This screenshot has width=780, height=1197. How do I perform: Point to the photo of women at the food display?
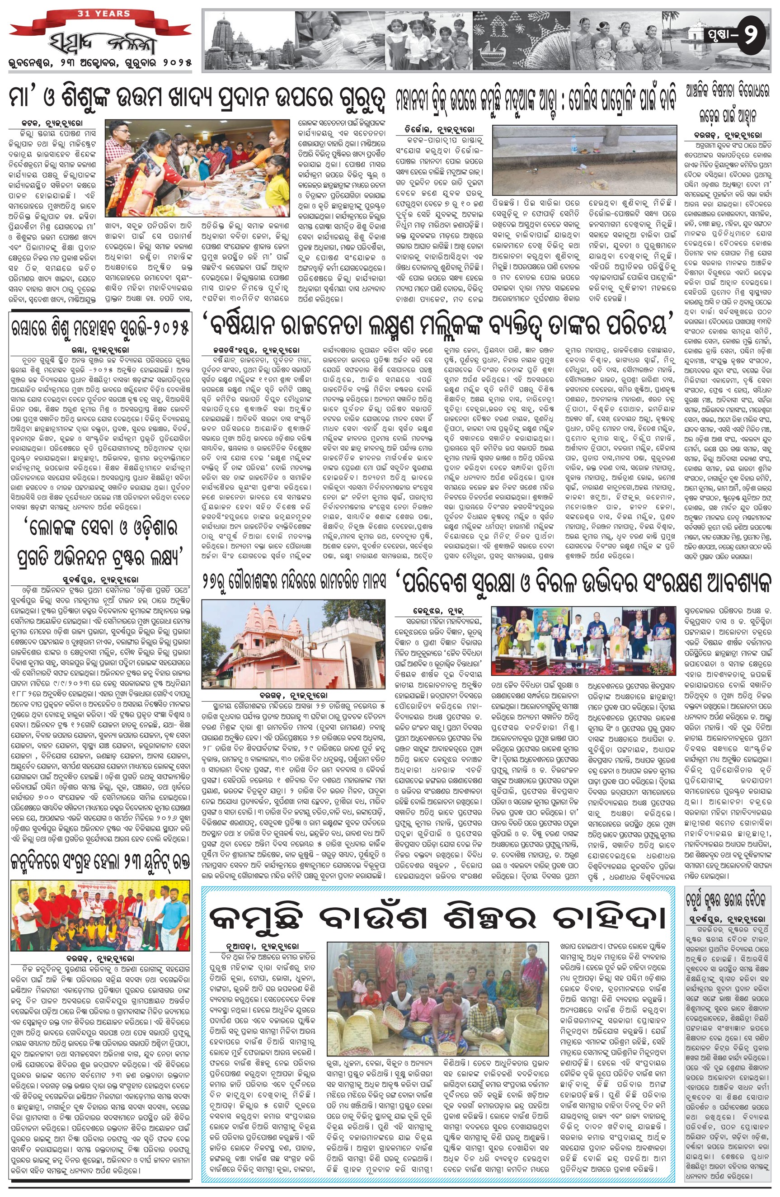197,167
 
